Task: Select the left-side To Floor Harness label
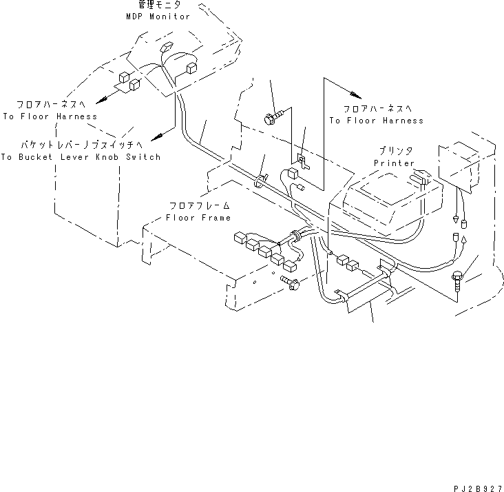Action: click(x=50, y=116)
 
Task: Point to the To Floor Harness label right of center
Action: click(x=376, y=121)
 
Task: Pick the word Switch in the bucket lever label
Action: click(x=143, y=157)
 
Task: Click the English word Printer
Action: click(x=395, y=163)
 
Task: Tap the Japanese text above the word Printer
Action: click(x=395, y=151)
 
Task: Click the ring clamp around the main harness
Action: click(x=261, y=181)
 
